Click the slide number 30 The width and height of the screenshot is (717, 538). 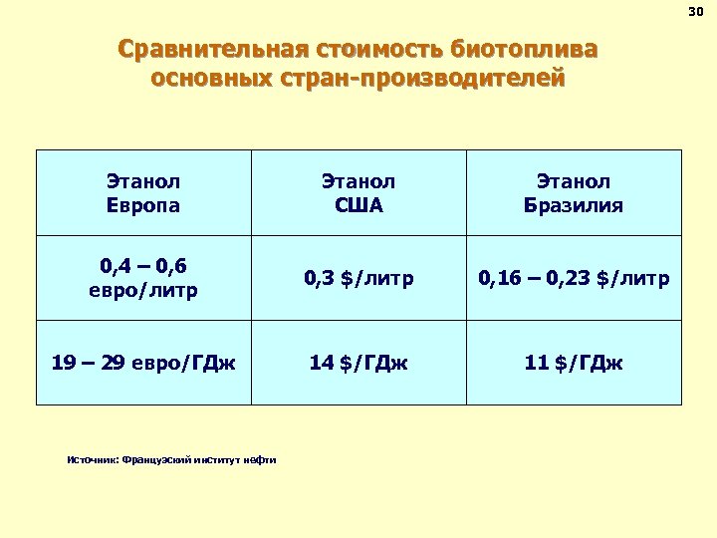pyautogui.click(x=695, y=12)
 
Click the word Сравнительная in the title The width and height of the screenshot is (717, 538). pyautogui.click(x=214, y=49)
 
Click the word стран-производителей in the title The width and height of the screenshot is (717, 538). pyautogui.click(x=417, y=77)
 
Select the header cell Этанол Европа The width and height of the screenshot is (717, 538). pyautogui.click(x=143, y=193)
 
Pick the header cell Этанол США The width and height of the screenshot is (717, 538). pyautogui.click(x=358, y=193)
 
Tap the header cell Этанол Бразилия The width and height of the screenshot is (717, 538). pyautogui.click(x=574, y=193)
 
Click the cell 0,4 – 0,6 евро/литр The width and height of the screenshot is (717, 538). pyautogui.click(x=143, y=278)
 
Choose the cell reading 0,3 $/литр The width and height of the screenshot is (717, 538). pyautogui.click(x=358, y=278)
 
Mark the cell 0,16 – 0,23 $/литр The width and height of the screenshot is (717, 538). pyautogui.click(x=574, y=278)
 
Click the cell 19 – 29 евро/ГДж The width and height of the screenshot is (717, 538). pyautogui.click(x=143, y=362)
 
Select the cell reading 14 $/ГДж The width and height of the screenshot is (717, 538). pyautogui.click(x=358, y=362)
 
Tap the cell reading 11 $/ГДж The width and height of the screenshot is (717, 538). pyautogui.click(x=574, y=362)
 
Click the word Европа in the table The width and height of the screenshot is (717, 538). pyautogui.click(x=143, y=205)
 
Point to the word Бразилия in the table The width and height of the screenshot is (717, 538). pyautogui.click(x=574, y=205)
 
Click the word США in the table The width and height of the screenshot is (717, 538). pyautogui.click(x=358, y=205)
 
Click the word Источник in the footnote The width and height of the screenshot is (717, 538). pyautogui.click(x=91, y=459)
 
